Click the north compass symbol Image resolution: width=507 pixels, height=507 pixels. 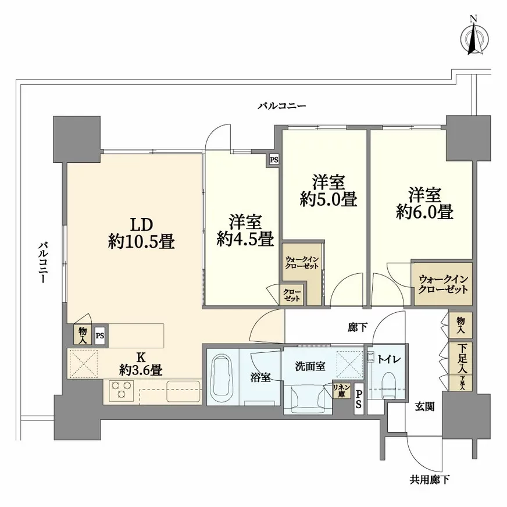coord(474,38)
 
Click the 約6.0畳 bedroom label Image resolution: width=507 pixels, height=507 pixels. coord(424,203)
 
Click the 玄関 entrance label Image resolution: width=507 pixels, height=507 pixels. coord(425,407)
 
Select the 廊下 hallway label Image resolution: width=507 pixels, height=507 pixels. coord(357,328)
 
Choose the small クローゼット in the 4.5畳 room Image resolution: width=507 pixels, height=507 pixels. coord(292,295)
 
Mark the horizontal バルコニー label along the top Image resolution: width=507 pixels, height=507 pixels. coord(282,106)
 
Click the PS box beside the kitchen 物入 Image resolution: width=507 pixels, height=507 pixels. coord(101,335)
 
